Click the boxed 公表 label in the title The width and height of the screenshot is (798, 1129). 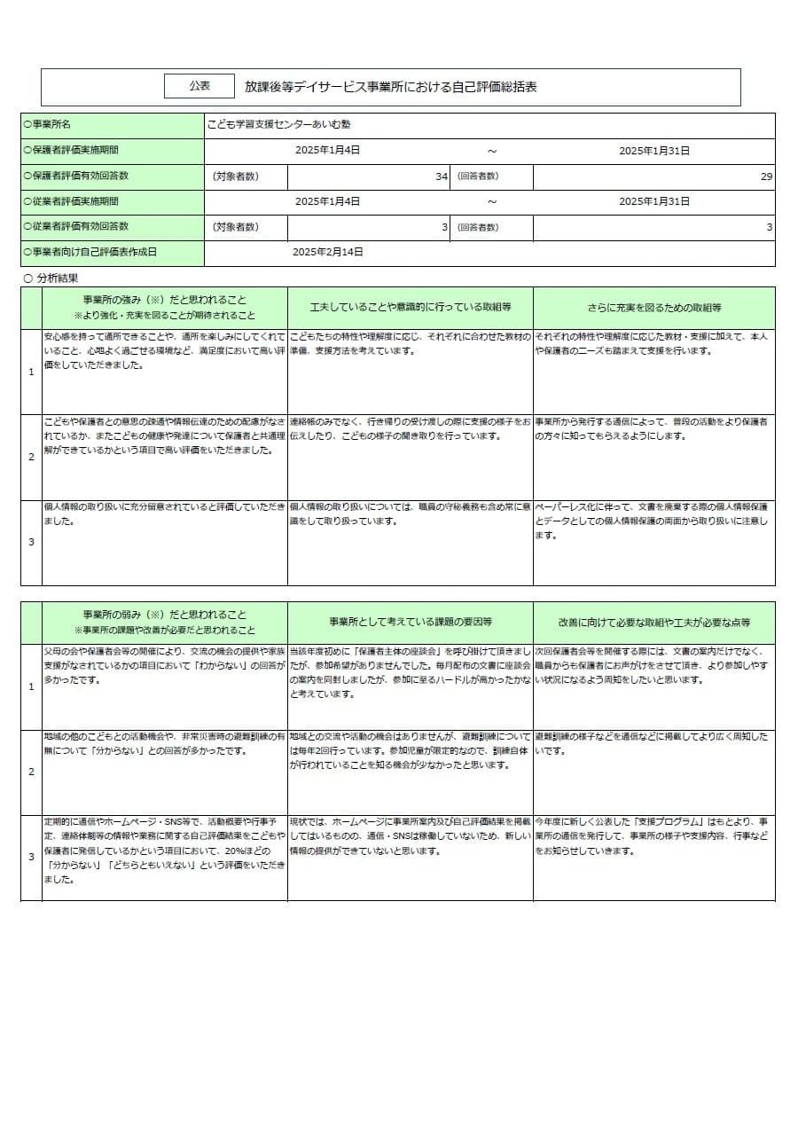(x=199, y=86)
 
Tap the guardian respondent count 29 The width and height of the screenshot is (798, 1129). (x=766, y=176)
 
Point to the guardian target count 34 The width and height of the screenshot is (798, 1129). (x=441, y=176)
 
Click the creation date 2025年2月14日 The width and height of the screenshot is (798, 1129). (x=328, y=252)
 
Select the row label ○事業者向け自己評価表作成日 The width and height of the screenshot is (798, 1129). (x=90, y=252)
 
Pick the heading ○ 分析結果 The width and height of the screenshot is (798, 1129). (x=51, y=278)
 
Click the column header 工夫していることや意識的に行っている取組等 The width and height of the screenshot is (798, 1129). (x=410, y=308)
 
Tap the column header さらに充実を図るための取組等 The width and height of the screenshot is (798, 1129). (x=653, y=308)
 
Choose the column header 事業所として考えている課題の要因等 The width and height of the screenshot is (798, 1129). (x=410, y=622)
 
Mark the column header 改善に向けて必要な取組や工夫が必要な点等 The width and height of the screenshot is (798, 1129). (x=653, y=622)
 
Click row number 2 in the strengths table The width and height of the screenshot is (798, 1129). (x=31, y=457)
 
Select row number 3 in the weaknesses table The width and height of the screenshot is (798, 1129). (x=31, y=857)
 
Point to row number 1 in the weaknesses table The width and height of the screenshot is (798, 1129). (x=31, y=686)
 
